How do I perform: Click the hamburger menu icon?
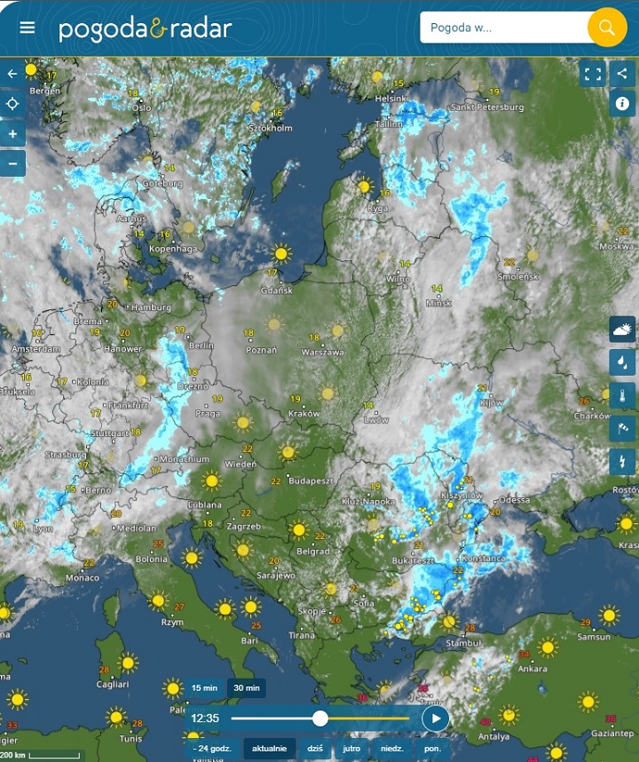point(28,27)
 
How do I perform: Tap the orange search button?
point(607,28)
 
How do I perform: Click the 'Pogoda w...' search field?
point(502,28)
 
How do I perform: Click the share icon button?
point(621,74)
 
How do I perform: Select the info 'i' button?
point(621,104)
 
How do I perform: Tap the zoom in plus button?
point(12,134)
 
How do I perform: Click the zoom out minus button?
point(12,163)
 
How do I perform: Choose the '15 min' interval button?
point(204,688)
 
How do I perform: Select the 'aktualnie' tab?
point(269,749)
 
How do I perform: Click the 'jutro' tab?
point(351,749)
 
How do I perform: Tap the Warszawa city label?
point(323,352)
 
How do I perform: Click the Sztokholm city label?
point(270,128)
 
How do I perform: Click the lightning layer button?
point(621,461)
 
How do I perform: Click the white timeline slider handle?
point(320,718)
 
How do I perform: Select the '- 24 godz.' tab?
point(212,749)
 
